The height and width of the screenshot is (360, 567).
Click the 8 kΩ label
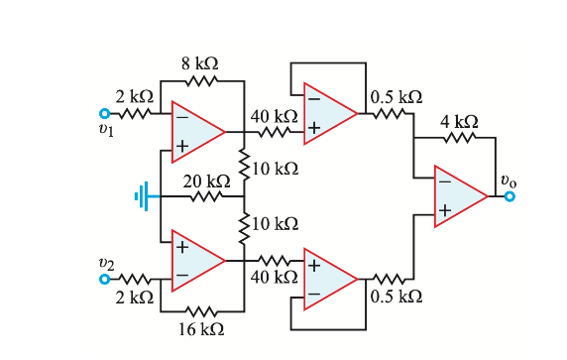[x=200, y=62]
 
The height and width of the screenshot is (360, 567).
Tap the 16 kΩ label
[x=201, y=328]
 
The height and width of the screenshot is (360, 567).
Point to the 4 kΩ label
[x=459, y=120]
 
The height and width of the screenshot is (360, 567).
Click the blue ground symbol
[x=146, y=196]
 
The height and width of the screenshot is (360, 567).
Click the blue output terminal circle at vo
[x=509, y=196]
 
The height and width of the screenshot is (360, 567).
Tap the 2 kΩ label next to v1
[x=134, y=96]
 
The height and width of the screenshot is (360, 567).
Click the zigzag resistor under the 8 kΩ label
[x=201, y=81]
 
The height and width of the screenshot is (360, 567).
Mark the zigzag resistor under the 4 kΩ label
[x=460, y=139]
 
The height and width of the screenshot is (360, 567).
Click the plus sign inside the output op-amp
[x=445, y=210]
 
